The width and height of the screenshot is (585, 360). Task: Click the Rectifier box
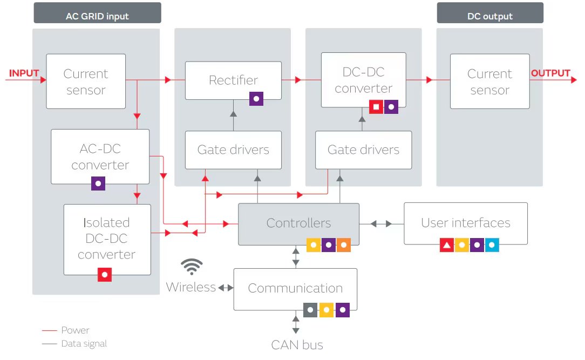233,80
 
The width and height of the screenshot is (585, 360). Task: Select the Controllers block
298,223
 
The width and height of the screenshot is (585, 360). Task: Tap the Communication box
295,288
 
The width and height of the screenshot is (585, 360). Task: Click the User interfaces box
465,223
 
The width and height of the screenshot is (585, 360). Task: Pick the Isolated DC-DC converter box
107,238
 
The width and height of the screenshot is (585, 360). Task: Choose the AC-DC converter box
100,157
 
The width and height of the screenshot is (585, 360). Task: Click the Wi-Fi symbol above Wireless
192,267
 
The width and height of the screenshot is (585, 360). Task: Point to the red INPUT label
24,73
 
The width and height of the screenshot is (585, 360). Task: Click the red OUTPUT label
550,73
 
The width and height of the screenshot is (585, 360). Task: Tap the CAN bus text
297,345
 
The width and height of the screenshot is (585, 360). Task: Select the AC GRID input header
97,16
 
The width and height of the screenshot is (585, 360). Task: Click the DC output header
489,16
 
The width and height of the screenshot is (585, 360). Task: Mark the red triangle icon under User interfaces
446,246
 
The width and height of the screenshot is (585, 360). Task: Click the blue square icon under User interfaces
492,246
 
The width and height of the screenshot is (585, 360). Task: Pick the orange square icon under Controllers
344,246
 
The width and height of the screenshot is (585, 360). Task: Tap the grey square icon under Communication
310,310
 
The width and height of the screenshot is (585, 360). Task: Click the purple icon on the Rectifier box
256,99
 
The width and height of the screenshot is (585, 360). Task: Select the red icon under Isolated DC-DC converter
105,275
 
